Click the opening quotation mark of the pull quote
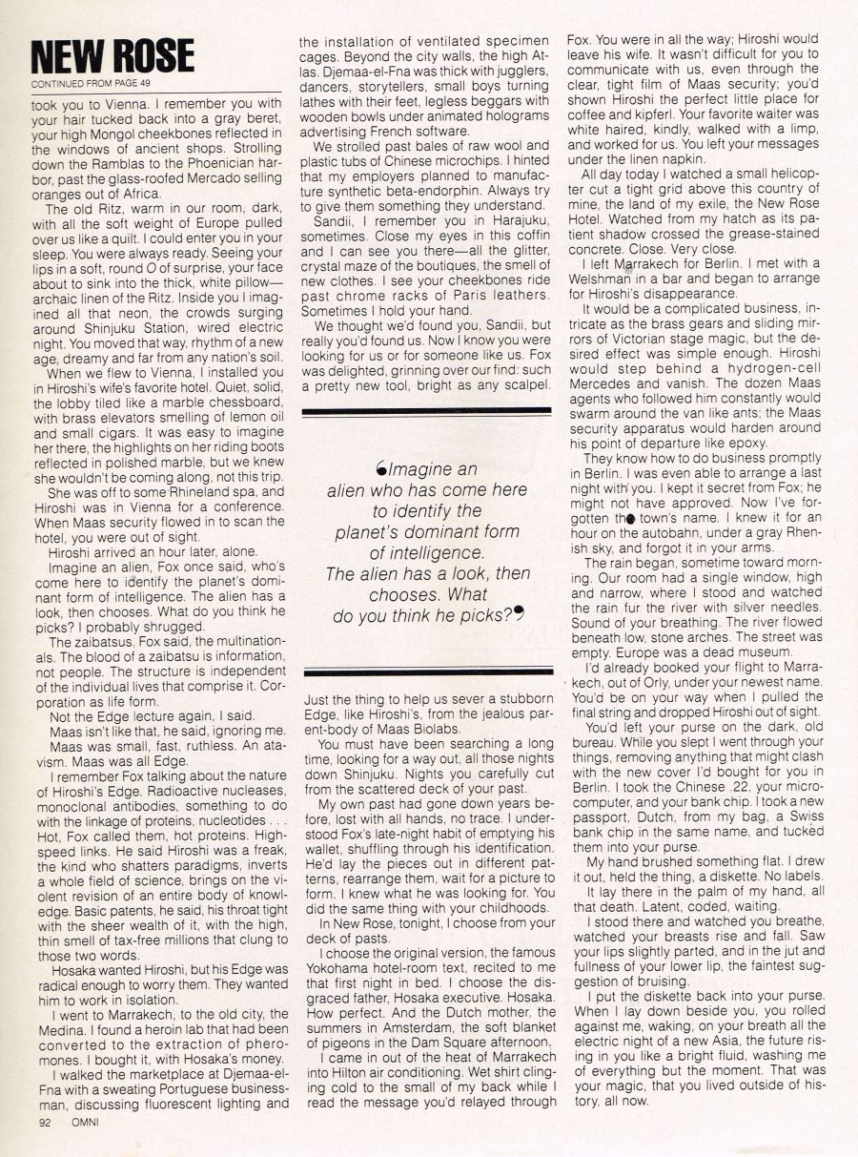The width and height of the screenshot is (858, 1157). (381, 468)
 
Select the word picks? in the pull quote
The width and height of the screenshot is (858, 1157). (481, 616)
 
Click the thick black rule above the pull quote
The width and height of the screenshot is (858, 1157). (426, 411)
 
